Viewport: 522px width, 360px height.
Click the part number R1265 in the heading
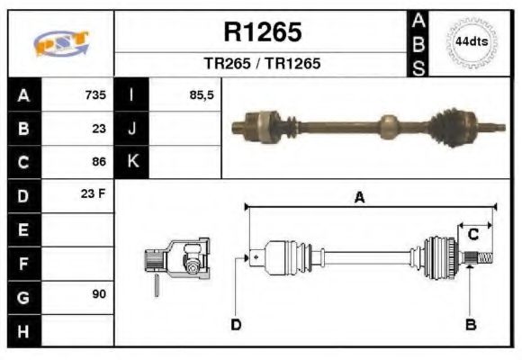click(262, 33)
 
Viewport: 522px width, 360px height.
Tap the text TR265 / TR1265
click(262, 65)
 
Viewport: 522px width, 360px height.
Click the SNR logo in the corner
click(61, 43)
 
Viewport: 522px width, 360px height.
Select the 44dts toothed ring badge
click(471, 42)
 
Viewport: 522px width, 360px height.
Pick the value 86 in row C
click(98, 162)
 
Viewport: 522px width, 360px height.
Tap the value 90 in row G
click(98, 295)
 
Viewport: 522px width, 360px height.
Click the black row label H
click(23, 330)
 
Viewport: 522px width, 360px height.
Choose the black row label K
click(132, 162)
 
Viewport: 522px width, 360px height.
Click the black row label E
click(23, 229)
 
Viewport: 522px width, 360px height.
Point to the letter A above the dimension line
click(358, 197)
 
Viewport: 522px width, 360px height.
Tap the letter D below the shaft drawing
click(236, 324)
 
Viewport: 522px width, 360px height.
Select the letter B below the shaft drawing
click(471, 324)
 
